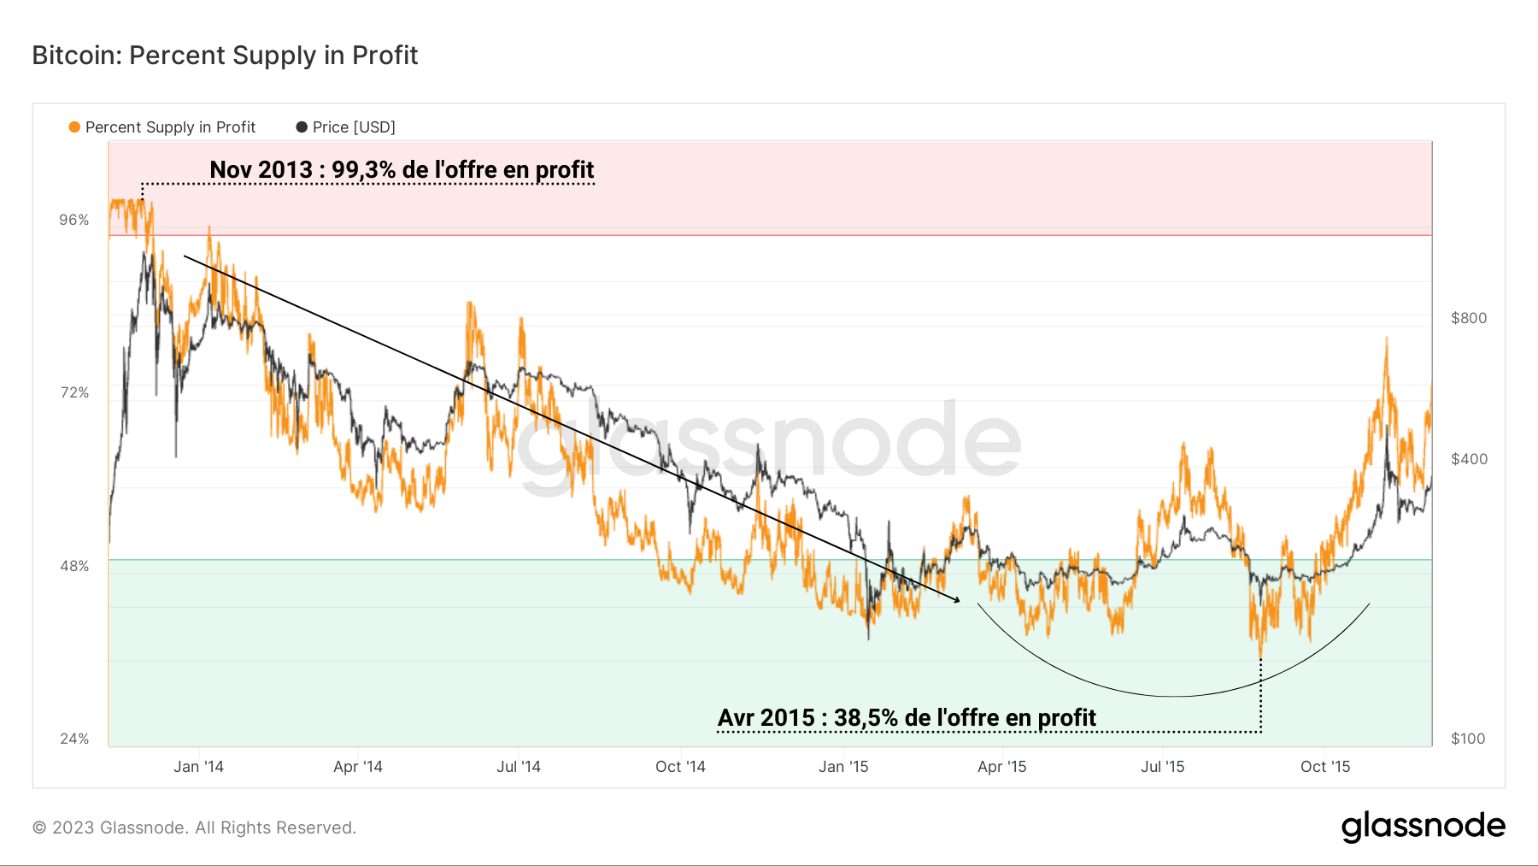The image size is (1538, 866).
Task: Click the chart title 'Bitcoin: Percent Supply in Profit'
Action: (x=225, y=56)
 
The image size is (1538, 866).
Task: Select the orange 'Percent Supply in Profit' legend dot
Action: (x=74, y=127)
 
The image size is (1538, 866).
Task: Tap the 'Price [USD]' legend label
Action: (x=354, y=127)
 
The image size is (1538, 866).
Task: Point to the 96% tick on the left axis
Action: (x=74, y=221)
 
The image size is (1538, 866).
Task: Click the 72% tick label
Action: (x=74, y=393)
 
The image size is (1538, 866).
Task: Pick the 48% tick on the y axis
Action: (x=74, y=566)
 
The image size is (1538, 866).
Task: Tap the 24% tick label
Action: (x=74, y=739)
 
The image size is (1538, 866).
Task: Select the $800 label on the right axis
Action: (x=1469, y=318)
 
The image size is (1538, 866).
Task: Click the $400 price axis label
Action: (x=1469, y=459)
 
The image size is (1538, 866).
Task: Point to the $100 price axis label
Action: (x=1468, y=739)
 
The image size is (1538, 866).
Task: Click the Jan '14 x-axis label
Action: (x=198, y=767)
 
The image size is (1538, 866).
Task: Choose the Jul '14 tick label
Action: (x=519, y=767)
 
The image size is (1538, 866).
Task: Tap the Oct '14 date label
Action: (x=680, y=767)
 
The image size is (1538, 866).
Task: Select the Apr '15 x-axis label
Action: (x=1001, y=767)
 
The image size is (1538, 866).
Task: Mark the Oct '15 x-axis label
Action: (x=1325, y=767)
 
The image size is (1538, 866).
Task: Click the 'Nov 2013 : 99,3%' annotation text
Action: (x=402, y=169)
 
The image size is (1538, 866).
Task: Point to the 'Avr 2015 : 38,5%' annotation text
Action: (x=907, y=717)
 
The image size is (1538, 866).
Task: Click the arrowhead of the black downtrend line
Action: (x=957, y=600)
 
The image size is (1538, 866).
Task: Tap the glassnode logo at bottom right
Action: (x=1423, y=826)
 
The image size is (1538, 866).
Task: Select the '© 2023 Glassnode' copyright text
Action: (x=194, y=828)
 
